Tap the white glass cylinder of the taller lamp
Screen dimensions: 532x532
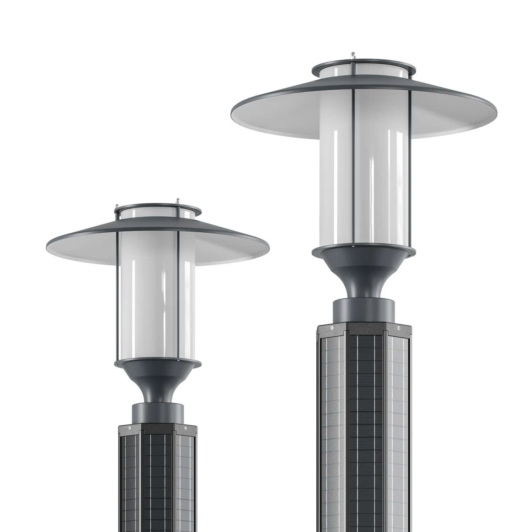click(x=365, y=177)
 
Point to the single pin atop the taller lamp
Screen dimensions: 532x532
click(x=353, y=55)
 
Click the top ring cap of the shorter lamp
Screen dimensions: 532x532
click(x=158, y=209)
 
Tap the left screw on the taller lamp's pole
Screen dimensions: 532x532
click(x=332, y=327)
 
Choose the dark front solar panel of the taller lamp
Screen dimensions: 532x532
click(x=365, y=426)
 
